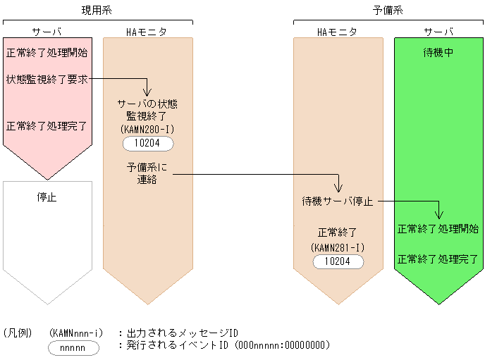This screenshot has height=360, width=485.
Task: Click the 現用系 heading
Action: tap(97, 10)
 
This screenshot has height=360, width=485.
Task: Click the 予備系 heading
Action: tap(388, 10)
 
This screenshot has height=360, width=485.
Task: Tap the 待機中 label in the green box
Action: tap(438, 53)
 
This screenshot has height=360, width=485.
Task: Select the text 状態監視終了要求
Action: tap(47, 79)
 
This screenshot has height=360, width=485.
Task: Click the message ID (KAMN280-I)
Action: tap(148, 130)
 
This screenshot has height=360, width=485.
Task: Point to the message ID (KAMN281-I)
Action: tap(338, 247)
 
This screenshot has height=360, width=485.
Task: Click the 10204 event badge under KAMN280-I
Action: tap(148, 144)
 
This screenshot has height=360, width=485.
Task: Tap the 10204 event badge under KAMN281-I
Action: tap(338, 261)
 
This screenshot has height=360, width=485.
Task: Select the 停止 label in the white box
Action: tap(47, 197)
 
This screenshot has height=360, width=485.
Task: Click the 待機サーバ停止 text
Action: tap(338, 201)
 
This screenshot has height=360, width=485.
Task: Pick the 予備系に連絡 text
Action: tap(147, 174)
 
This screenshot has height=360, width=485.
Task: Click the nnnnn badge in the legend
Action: tap(73, 347)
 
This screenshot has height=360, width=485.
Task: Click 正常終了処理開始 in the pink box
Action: tap(47, 53)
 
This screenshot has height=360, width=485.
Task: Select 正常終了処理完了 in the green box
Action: tap(438, 259)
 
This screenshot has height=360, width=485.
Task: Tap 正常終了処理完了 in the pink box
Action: tap(47, 127)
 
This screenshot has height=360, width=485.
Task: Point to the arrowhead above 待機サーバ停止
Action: tap(338, 188)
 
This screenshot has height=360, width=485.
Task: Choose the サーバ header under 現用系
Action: tap(47, 32)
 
